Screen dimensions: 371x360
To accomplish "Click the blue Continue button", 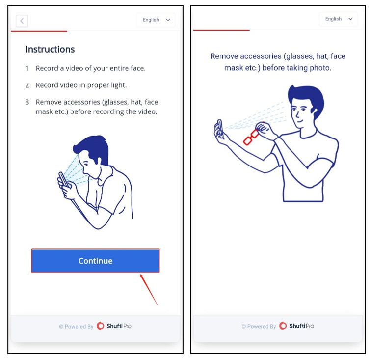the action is coord(95,260).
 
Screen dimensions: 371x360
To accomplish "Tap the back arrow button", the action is coord(22,21).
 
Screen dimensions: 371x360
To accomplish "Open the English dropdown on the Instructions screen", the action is coord(156,20).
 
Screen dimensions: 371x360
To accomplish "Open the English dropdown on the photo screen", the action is coord(338,19).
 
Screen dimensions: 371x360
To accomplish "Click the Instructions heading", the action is coord(50,49).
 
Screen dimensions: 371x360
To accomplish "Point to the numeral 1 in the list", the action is coord(27,68).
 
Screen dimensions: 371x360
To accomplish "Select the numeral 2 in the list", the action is coord(27,85).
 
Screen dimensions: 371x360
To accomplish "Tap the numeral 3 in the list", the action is coord(27,102).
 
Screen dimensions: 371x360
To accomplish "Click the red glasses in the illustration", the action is coord(251,138).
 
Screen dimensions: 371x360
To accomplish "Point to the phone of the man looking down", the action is coord(63,179).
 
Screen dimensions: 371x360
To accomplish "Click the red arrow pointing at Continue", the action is coord(149,290).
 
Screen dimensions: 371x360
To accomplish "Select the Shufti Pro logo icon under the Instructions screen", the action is coord(100,326).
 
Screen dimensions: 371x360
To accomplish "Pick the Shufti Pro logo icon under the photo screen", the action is coord(283,326).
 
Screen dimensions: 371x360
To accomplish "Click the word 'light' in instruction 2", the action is coord(119,85).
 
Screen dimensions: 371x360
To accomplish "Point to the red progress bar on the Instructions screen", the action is coord(39,31).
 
